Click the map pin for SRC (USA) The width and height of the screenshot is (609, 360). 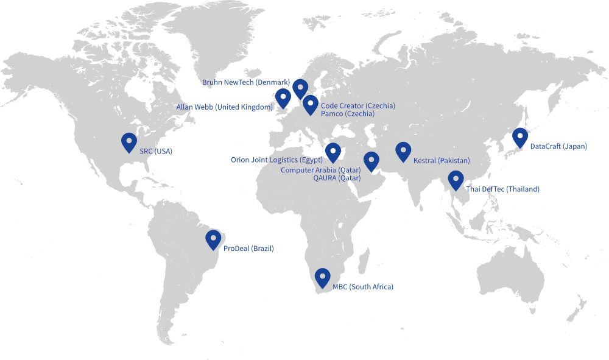(x=128, y=142)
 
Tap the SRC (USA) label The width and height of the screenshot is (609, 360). (x=156, y=151)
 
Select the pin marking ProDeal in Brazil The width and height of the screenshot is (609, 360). (x=213, y=239)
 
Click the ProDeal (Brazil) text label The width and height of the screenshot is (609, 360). (x=248, y=249)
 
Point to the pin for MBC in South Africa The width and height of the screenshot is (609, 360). (x=322, y=278)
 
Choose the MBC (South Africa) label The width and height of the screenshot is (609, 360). (x=363, y=287)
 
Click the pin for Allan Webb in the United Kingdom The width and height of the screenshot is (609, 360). (x=283, y=97)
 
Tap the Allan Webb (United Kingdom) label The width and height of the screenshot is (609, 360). (x=225, y=107)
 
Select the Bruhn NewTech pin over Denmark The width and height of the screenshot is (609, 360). (x=300, y=88)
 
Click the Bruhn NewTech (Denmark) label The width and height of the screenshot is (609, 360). (x=246, y=82)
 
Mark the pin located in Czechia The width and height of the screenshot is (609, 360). (x=311, y=105)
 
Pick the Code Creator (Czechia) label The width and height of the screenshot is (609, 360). (x=357, y=106)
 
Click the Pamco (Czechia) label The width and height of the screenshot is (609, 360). (x=348, y=114)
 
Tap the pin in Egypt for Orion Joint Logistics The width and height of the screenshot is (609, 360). (x=333, y=152)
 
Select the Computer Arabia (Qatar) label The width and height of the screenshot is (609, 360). (x=320, y=171)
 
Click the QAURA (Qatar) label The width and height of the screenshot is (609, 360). (x=337, y=178)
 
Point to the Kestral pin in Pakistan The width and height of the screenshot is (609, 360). (x=403, y=151)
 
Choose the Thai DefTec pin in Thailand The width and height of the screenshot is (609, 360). (x=456, y=180)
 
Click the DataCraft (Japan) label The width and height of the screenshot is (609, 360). (x=558, y=147)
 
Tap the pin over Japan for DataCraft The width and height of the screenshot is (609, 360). (x=519, y=138)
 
